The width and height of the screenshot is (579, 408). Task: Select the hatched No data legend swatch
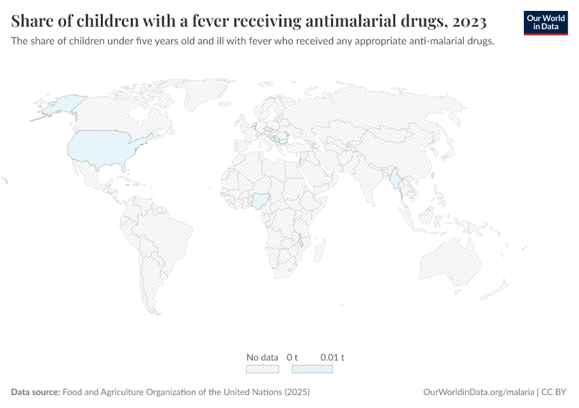(x=262, y=368)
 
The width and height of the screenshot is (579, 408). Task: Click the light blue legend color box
(x=312, y=368)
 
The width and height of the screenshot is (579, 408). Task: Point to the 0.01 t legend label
(x=332, y=357)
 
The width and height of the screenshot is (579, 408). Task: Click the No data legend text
(x=262, y=357)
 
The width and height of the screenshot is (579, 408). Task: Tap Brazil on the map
(x=163, y=228)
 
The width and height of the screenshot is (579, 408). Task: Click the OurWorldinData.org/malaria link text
(x=477, y=392)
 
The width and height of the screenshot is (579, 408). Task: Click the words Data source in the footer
(x=35, y=392)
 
